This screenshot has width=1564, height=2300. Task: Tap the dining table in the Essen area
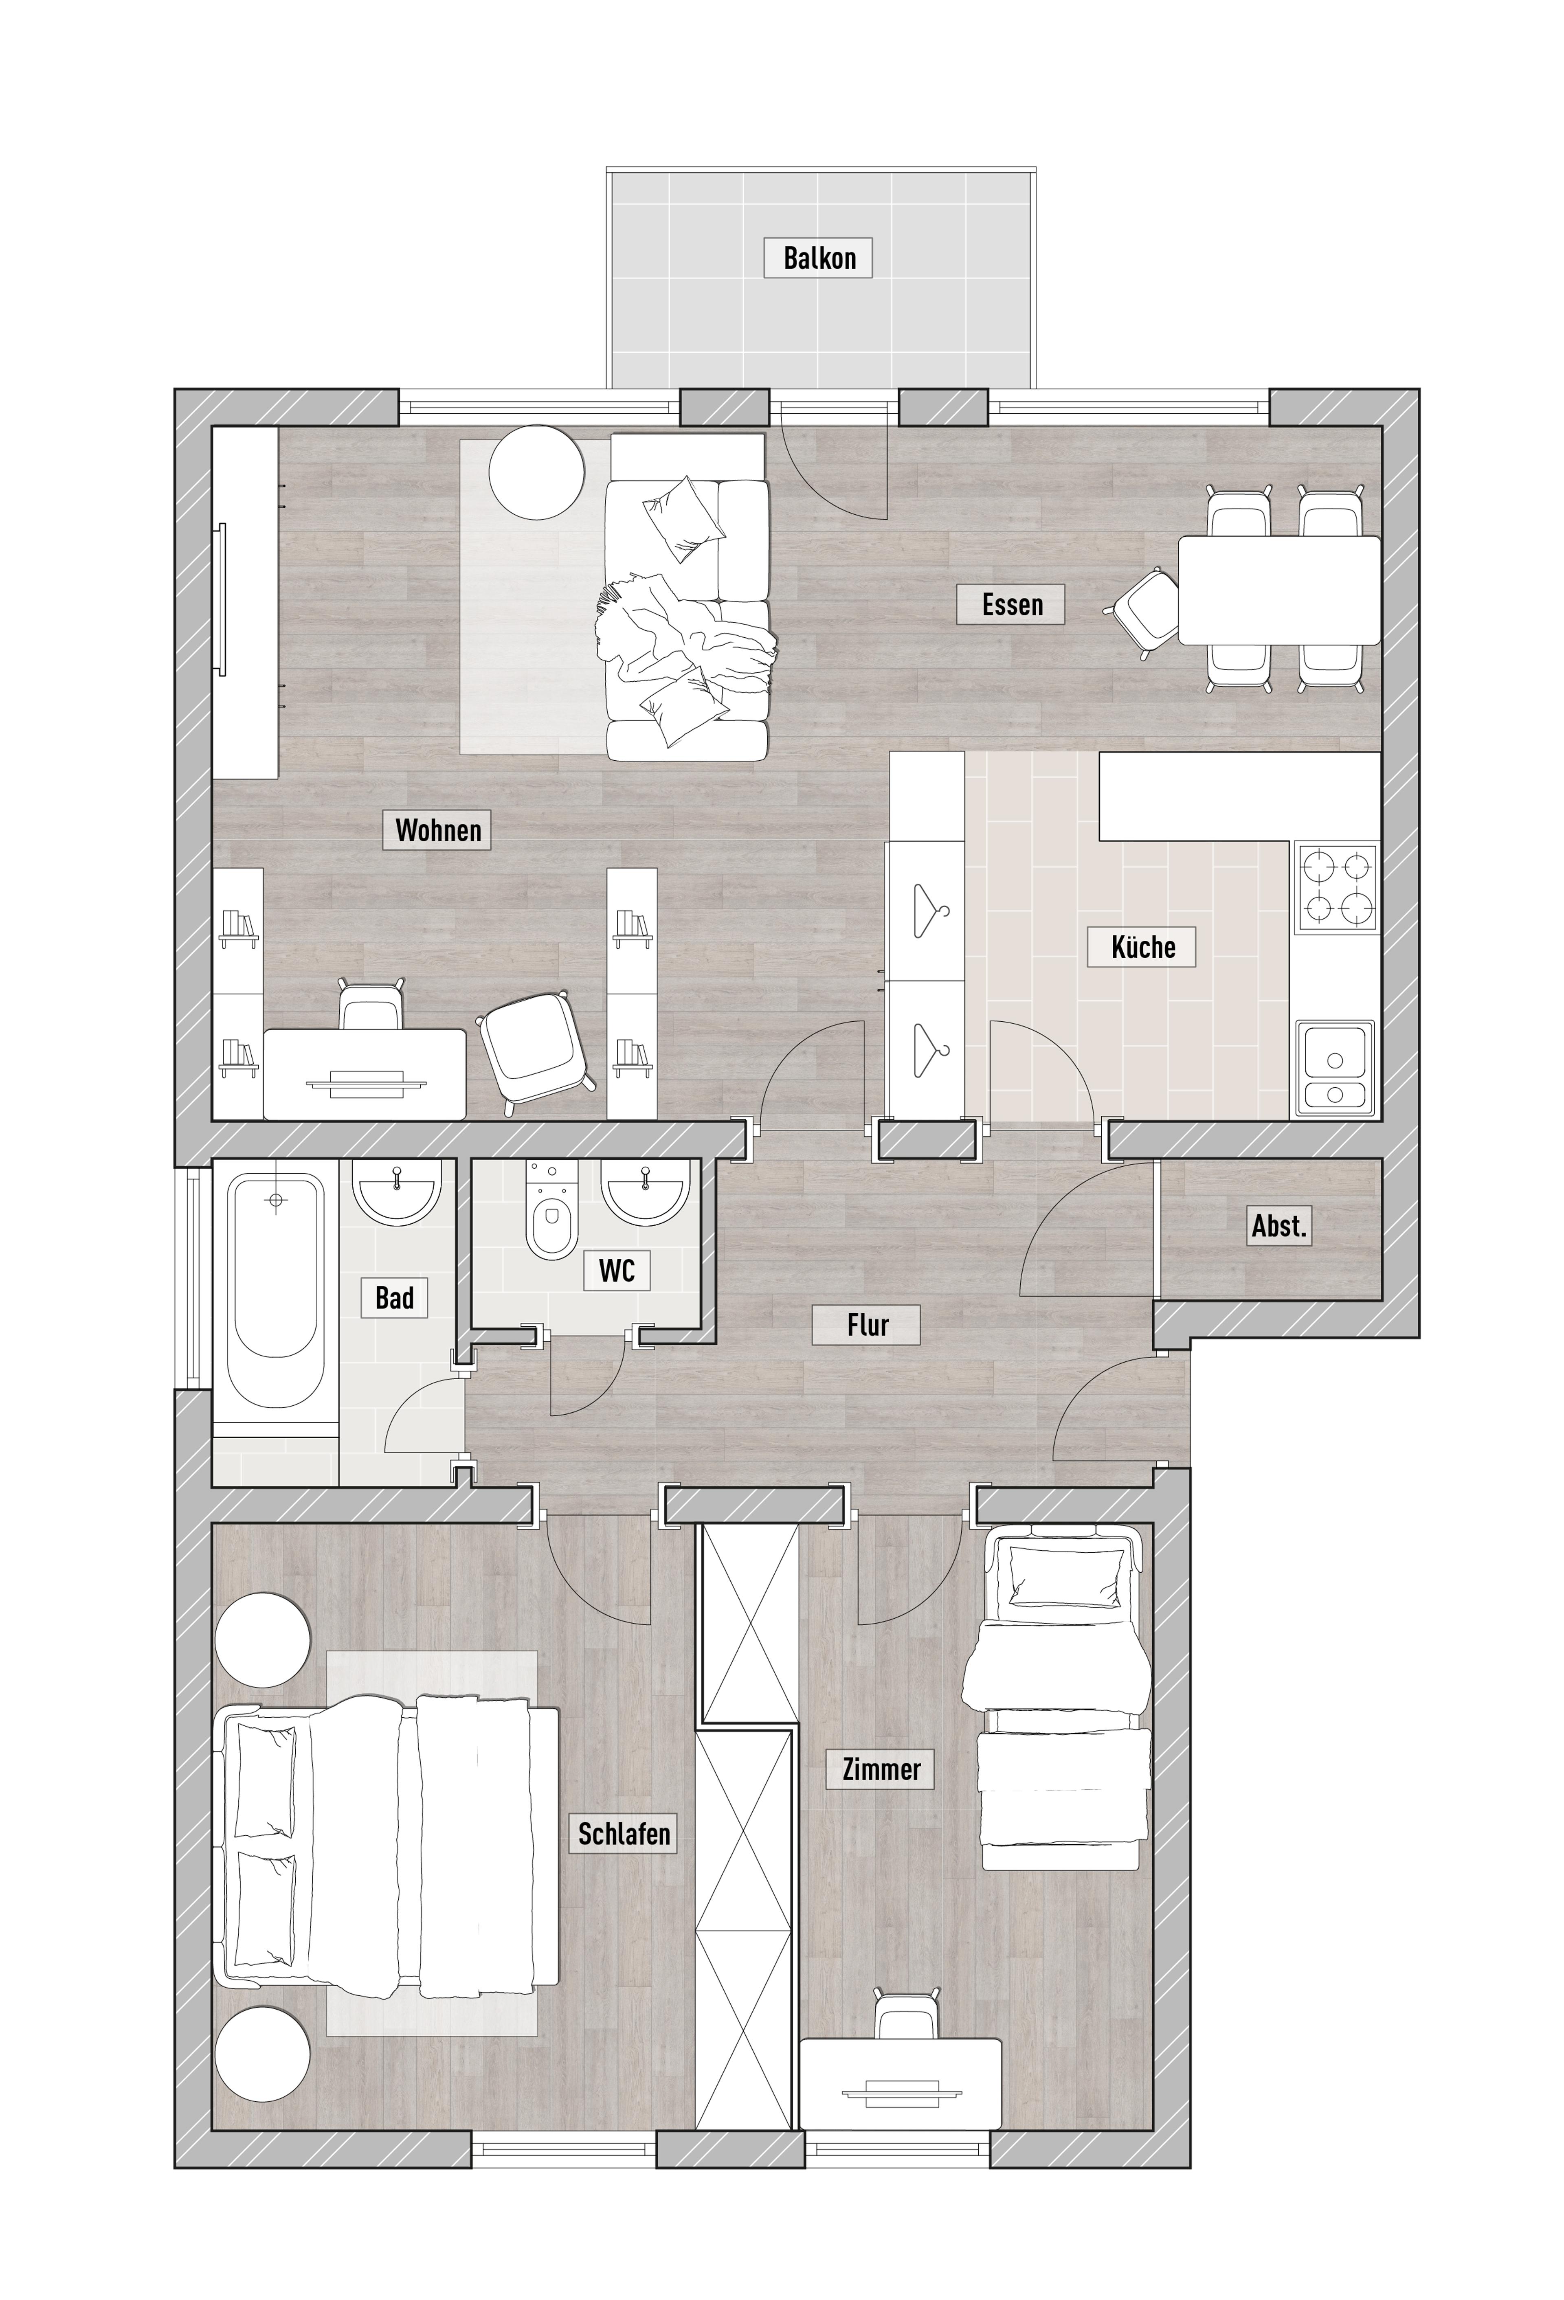[x=1279, y=590]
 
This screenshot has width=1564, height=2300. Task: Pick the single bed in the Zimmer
[x=1056, y=1696]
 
